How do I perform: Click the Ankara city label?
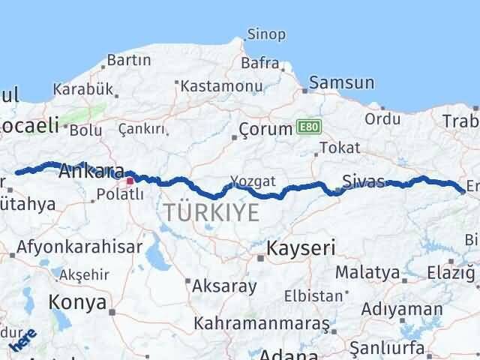(91, 169)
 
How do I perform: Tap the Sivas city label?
(363, 181)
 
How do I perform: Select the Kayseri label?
(301, 248)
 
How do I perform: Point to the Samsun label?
(341, 82)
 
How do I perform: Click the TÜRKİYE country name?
(212, 212)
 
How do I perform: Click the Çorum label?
(265, 129)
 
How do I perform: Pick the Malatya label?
(367, 271)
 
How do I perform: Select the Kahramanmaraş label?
(262, 323)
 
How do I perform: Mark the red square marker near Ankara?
(130, 180)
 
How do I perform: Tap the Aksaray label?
(224, 286)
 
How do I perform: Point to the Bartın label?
(129, 60)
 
